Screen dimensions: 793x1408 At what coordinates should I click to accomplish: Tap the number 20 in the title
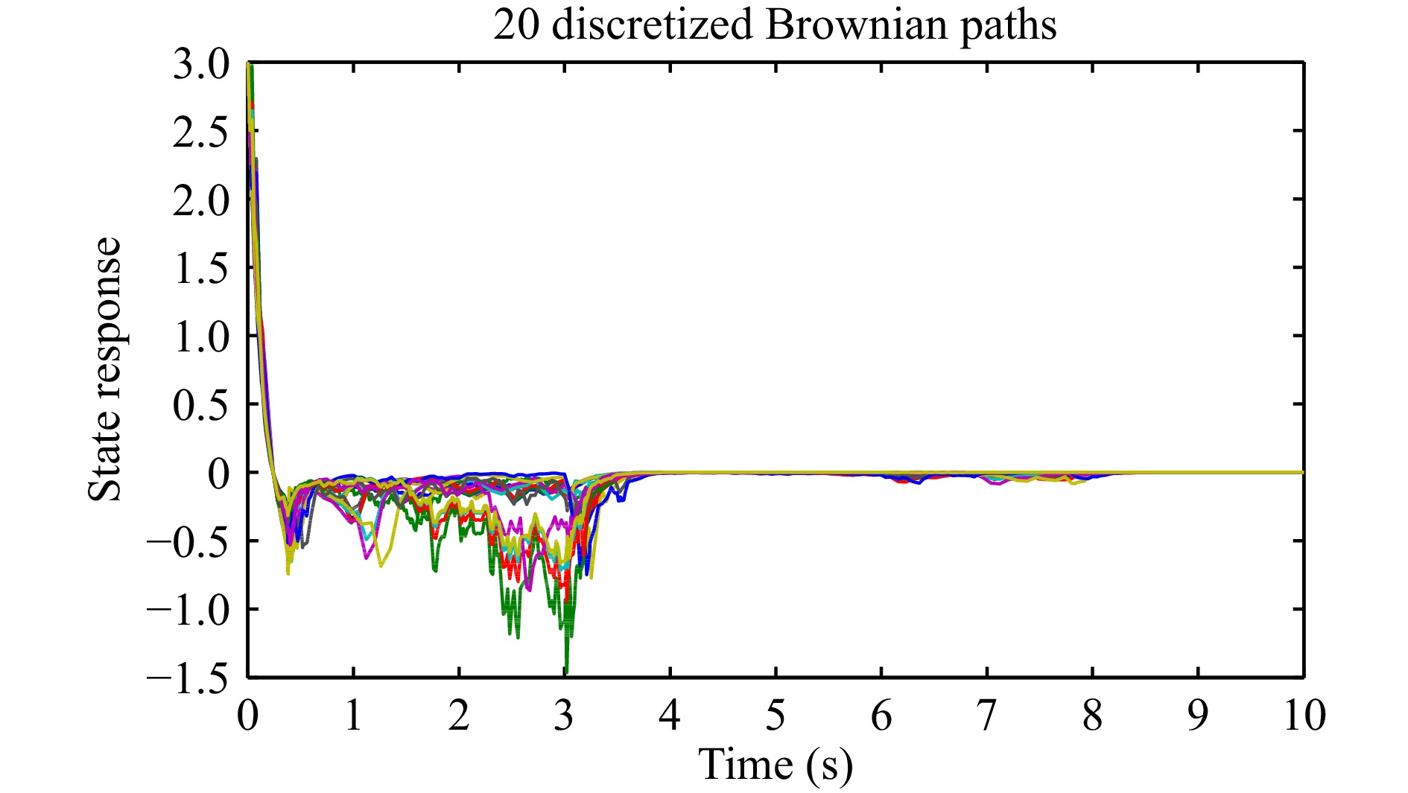tap(517, 26)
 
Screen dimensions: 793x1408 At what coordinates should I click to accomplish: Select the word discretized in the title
tap(653, 26)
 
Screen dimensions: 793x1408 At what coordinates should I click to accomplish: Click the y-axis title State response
tap(104, 369)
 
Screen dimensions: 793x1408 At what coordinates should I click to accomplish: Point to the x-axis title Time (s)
tap(775, 765)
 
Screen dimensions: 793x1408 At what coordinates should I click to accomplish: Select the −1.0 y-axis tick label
tap(188, 610)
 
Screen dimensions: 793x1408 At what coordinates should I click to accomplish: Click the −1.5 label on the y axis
tap(188, 678)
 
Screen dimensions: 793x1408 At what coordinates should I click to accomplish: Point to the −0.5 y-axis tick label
tap(188, 541)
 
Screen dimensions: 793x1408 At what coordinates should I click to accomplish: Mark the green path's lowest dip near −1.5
tap(566, 670)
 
